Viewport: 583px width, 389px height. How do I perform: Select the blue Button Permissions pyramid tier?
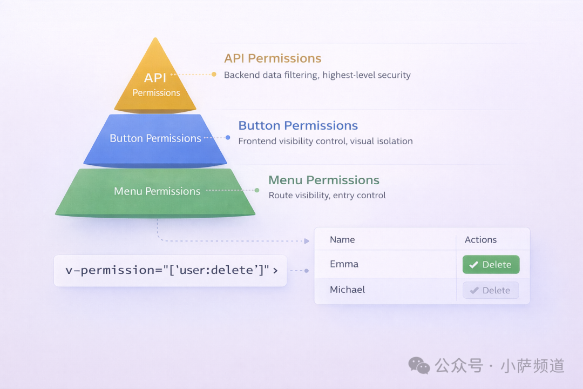155,140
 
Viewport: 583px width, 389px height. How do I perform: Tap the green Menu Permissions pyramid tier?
155,192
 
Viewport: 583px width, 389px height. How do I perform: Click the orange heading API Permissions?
273,58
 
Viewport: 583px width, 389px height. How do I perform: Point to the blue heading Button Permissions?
298,125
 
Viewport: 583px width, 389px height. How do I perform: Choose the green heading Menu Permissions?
324,180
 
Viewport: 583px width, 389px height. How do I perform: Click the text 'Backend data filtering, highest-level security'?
317,75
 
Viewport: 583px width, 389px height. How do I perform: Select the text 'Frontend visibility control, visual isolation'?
326,141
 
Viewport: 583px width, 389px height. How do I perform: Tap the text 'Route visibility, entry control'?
327,196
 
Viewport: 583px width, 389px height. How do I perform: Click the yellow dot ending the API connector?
214,75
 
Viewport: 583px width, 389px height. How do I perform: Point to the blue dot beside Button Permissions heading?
228,138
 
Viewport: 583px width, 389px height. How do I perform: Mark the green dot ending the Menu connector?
257,190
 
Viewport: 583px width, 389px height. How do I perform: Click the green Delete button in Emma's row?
491,265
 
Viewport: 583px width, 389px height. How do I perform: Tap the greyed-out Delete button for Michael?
491,290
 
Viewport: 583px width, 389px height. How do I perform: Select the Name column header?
342,240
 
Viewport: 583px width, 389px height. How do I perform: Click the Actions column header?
480,240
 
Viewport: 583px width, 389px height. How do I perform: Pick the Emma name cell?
344,264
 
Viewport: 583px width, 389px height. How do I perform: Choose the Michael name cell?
347,290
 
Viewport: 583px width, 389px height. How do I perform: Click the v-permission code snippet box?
170,271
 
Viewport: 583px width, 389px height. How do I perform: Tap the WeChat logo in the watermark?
419,366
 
